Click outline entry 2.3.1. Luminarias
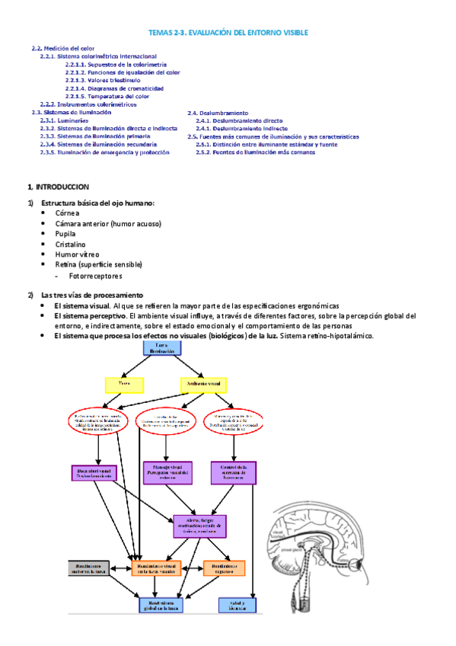tap(64, 120)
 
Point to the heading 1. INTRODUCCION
tap(59, 187)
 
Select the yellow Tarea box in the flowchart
tap(123, 385)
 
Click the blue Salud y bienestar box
tap(236, 605)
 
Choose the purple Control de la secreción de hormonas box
tap(233, 472)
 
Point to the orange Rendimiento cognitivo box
tap(224, 568)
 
